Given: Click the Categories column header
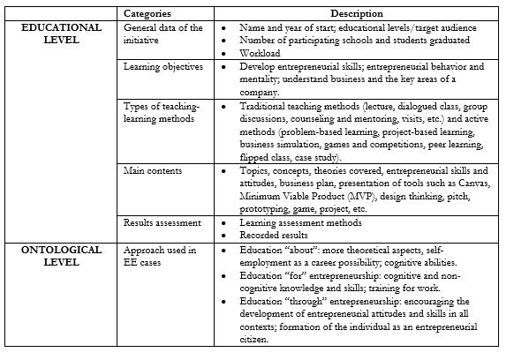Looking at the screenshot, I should click(147, 14).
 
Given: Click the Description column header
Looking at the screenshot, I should click(356, 14).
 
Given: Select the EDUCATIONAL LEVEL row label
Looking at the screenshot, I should click(62, 34).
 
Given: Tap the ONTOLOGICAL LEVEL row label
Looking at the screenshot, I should click(62, 256).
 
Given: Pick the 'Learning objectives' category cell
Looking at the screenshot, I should click(163, 66).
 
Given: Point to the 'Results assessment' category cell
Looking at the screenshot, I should click(163, 223).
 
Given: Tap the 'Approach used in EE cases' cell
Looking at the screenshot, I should click(160, 256).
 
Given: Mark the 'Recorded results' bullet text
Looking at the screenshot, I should click(276, 236).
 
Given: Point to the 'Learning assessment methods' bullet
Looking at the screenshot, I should click(298, 223).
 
